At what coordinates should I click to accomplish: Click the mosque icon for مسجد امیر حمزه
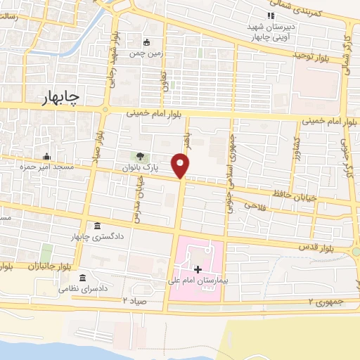coord(47,156)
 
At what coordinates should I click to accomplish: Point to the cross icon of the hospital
coord(198,269)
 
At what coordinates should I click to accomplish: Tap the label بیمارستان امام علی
coord(198,281)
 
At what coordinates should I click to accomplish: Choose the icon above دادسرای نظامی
coord(83,277)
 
